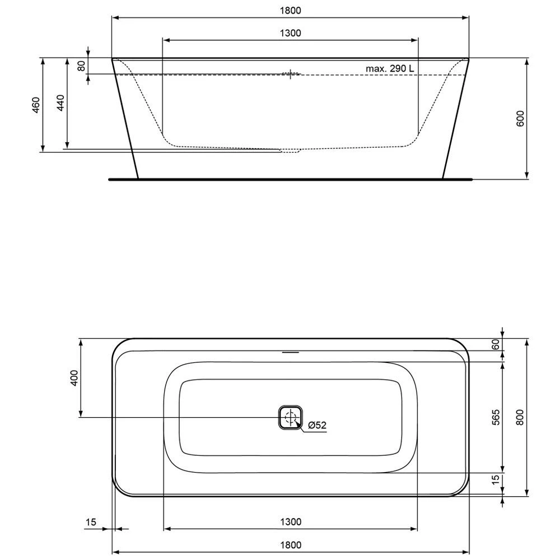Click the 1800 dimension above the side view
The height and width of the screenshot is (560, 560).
[290, 10]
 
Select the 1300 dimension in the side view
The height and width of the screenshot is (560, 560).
[290, 33]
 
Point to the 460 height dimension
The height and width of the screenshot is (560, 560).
[35, 105]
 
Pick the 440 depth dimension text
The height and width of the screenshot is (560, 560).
[60, 105]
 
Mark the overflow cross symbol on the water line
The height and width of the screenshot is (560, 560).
[290, 74]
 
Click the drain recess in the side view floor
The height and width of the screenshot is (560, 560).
[290, 150]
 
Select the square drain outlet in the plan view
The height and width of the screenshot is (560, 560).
[290, 417]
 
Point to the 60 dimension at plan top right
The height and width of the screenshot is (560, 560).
[495, 344]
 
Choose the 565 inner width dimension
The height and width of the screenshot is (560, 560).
[495, 417]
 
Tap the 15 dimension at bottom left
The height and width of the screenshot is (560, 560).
[91, 522]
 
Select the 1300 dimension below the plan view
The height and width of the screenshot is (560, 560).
[290, 522]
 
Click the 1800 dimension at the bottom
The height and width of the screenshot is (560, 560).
[290, 545]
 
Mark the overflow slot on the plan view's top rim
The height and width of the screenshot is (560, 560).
[290, 353]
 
